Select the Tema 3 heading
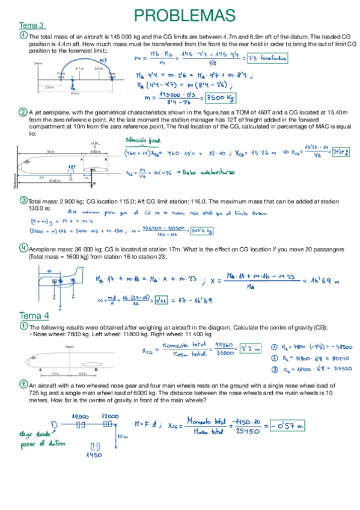click(32, 25)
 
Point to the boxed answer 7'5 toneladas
click(266, 58)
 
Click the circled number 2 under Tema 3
click(23, 112)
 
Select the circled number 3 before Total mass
click(23, 200)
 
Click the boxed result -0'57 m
click(288, 425)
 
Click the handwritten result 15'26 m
click(261, 153)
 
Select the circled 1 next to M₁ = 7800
click(275, 347)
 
